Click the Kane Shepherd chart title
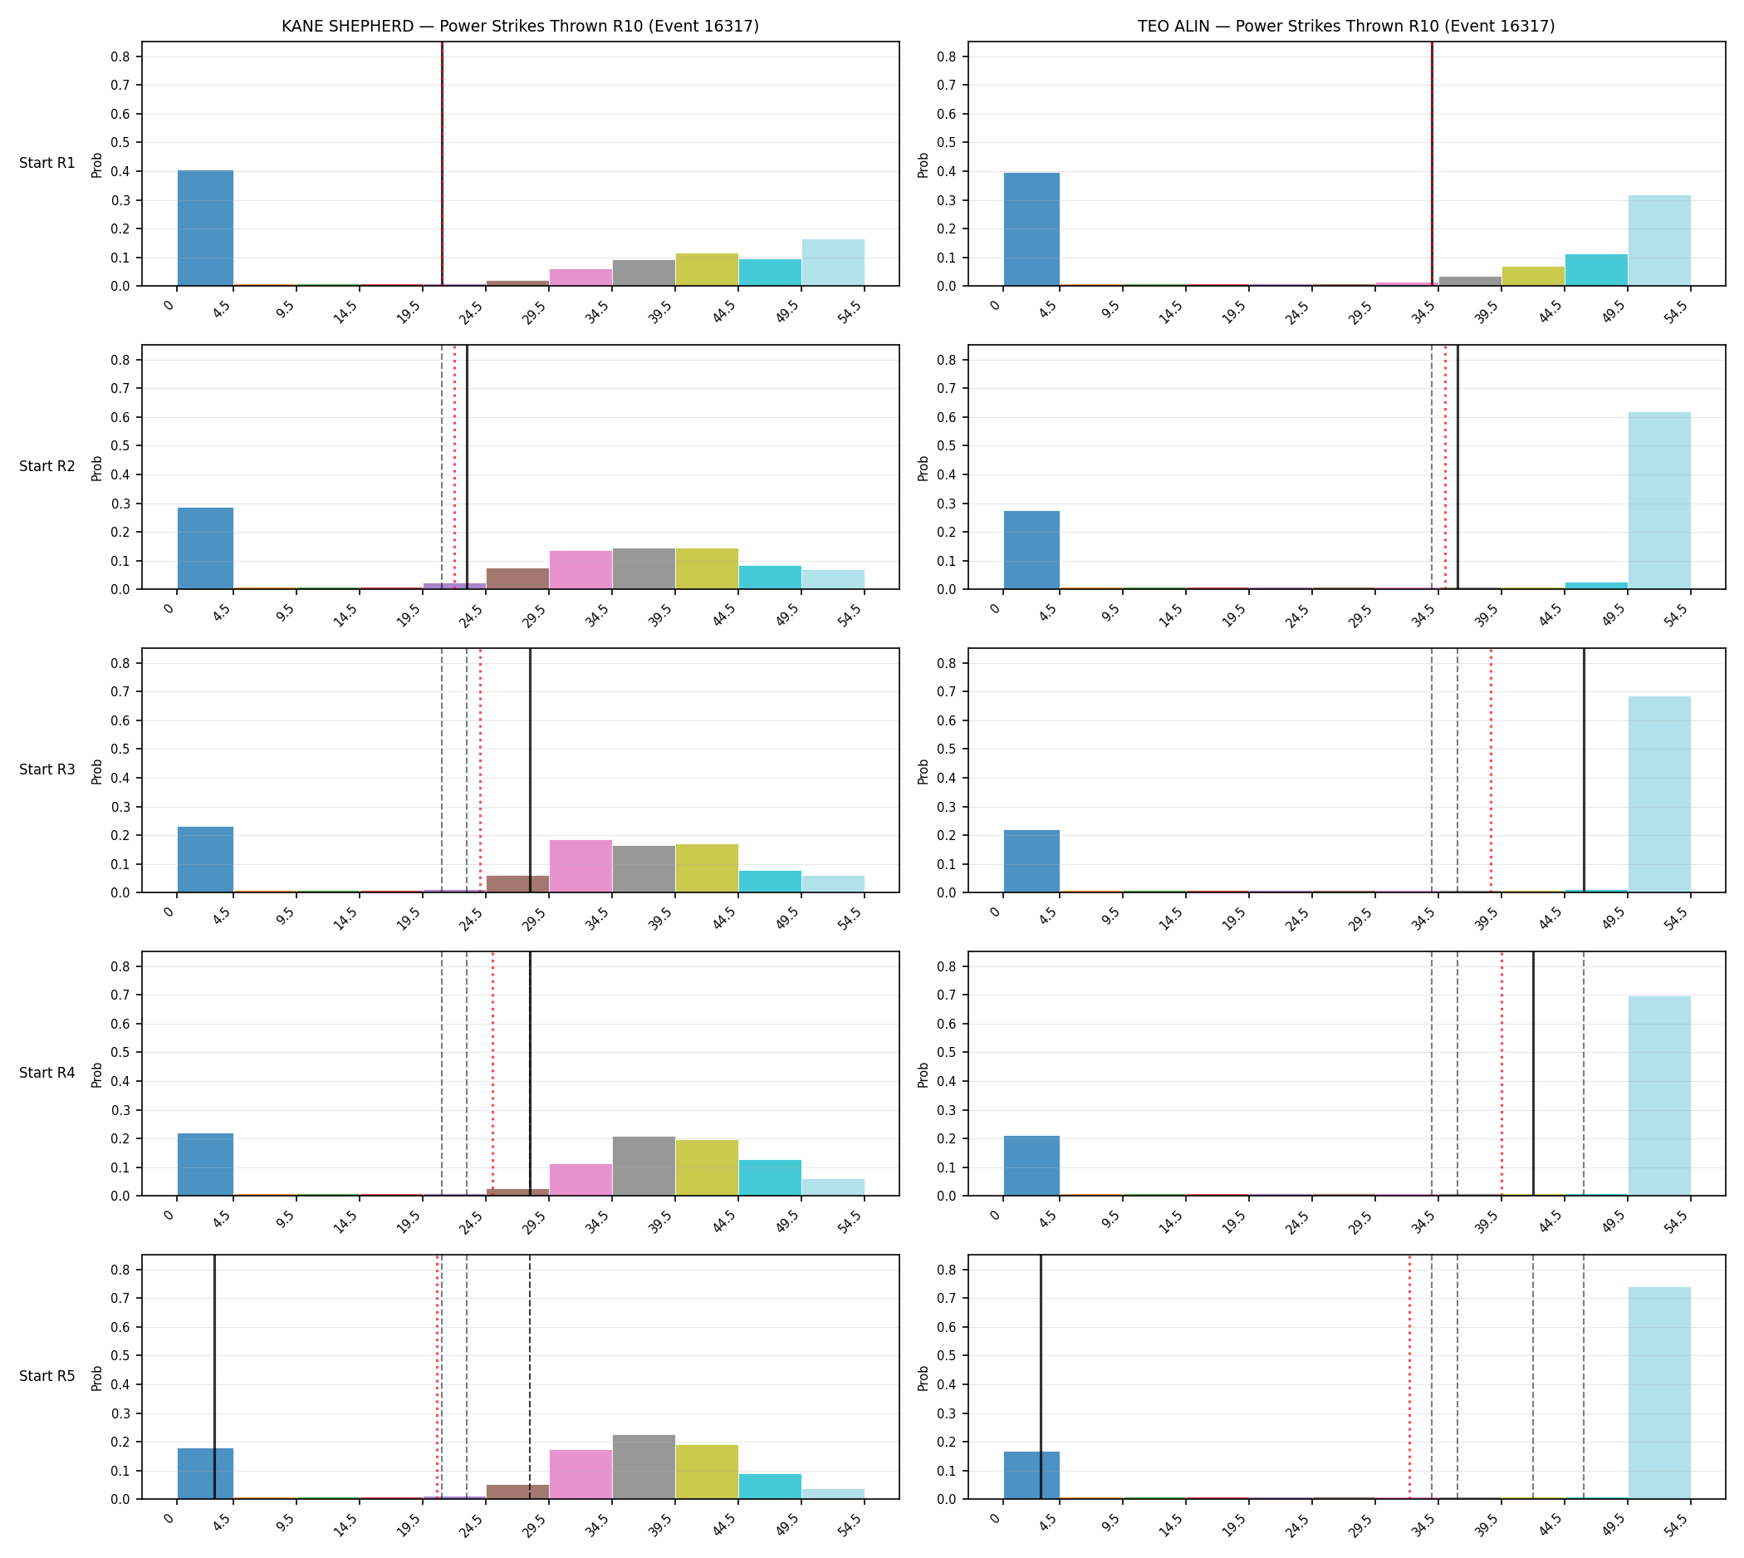click(x=520, y=26)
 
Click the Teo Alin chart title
click(x=1346, y=26)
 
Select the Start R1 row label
click(x=47, y=163)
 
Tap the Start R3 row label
click(x=47, y=769)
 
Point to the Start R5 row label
click(x=47, y=1376)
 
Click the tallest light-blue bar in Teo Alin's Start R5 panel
click(x=1659, y=1393)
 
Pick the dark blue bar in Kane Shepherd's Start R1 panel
click(x=205, y=228)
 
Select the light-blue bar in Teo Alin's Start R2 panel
click(x=1659, y=501)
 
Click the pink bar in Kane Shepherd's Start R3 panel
click(x=581, y=867)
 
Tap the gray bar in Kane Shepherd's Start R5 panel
click(x=644, y=1467)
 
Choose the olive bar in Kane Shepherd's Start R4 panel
click(x=707, y=1167)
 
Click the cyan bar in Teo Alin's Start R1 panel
click(x=1597, y=270)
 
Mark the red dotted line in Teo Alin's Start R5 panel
click(x=1409, y=1377)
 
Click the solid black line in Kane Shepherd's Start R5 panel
click(x=214, y=1377)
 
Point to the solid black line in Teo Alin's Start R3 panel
click(x=1584, y=770)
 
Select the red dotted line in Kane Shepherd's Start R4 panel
click(x=493, y=1074)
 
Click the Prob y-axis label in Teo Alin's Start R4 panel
click(x=923, y=1074)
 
